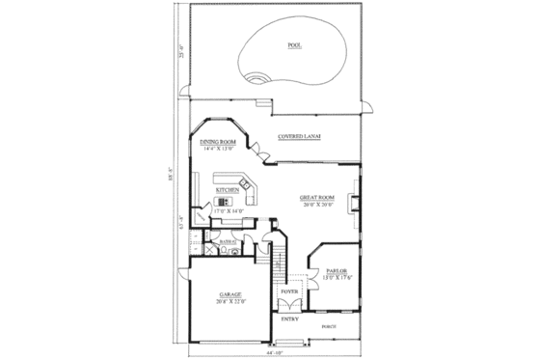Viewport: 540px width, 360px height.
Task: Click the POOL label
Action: (x=292, y=44)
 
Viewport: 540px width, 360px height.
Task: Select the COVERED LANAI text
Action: (x=299, y=137)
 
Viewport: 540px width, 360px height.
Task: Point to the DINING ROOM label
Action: (x=217, y=141)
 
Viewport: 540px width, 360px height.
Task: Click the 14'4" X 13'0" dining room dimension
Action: (x=217, y=149)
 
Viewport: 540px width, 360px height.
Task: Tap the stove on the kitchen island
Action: (x=224, y=203)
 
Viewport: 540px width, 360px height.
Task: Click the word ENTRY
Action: (x=289, y=318)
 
